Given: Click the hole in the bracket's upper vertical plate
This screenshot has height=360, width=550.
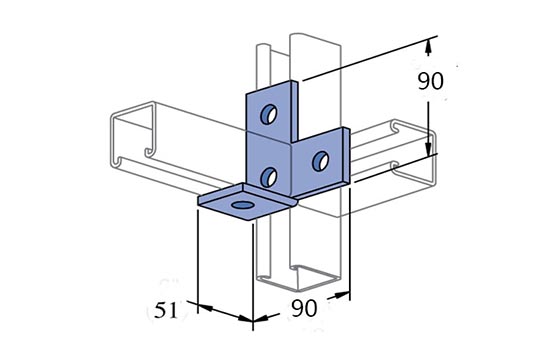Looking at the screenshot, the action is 269,114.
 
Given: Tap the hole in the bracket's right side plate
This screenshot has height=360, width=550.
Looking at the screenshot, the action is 320,161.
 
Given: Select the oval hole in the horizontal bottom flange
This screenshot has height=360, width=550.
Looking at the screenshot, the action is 243,205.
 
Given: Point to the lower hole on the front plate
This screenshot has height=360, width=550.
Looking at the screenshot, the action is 269,177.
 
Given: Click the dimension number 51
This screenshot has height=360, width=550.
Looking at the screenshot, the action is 166,311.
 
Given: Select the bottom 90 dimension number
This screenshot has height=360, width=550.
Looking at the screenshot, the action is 304,308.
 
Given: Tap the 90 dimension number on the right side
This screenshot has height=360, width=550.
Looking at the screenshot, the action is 430,81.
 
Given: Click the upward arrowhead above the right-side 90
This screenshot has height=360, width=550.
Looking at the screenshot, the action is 428,47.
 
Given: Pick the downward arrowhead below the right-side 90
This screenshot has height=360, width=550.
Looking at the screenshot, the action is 428,148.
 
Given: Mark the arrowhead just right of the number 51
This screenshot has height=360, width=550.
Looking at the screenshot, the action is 245,318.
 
